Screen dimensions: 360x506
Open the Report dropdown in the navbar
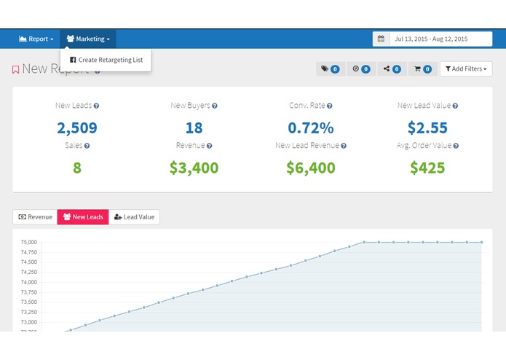36,39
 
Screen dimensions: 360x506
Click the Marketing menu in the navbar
88,39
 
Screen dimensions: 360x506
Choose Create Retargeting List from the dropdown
106,60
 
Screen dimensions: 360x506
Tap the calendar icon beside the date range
381,39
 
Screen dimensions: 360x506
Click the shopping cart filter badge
423,69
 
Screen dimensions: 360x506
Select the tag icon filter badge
329,69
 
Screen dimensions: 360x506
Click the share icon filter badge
392,69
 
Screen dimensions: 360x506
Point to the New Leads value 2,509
77,128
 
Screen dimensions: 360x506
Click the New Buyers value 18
194,128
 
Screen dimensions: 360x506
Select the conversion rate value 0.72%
311,128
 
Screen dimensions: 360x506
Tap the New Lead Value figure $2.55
427,128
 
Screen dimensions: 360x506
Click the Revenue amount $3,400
194,168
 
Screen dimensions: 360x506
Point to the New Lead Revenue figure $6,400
311,168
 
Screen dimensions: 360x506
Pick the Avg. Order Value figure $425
427,168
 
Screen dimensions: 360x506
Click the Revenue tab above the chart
35,217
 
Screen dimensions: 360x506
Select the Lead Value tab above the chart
134,217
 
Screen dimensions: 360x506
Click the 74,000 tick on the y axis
28,282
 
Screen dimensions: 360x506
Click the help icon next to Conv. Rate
331,106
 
